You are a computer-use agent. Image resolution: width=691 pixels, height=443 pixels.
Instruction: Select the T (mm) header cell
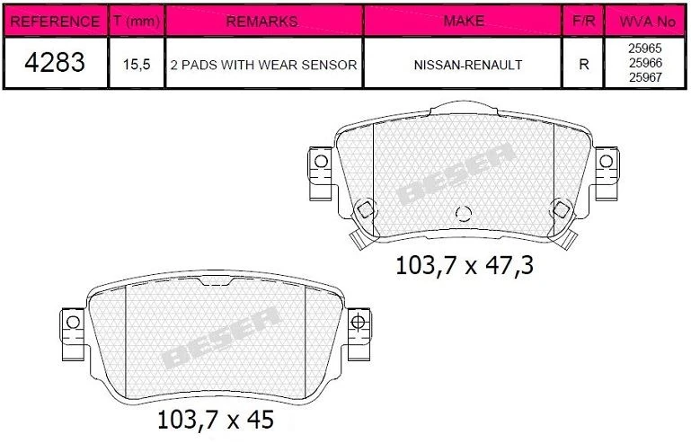click(x=136, y=21)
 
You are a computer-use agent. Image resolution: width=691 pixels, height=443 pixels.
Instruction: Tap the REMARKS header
click(x=263, y=21)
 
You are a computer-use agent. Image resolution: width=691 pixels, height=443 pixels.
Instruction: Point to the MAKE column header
click(x=464, y=21)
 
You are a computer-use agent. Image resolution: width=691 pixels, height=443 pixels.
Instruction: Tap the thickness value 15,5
click(x=136, y=65)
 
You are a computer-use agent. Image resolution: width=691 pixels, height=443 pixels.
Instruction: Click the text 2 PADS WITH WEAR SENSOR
click(x=263, y=65)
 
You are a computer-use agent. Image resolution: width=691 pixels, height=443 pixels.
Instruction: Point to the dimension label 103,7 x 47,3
click(x=458, y=265)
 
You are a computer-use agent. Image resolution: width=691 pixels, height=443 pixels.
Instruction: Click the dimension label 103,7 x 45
click(x=215, y=419)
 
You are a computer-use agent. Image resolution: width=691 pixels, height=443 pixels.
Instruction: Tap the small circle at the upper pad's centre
click(x=464, y=214)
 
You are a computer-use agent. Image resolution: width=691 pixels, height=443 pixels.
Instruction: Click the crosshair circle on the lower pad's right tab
click(x=358, y=322)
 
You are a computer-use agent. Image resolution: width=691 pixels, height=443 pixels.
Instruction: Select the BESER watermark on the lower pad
click(x=220, y=339)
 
